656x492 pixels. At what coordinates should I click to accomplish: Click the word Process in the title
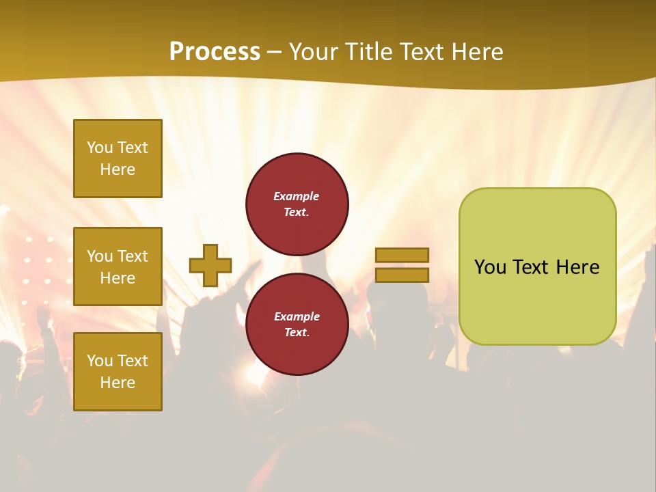tap(215, 52)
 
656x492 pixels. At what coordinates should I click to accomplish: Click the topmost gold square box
tap(118, 159)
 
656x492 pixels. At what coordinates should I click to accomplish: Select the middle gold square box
tap(118, 266)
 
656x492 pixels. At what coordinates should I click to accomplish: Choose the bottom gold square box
tap(118, 372)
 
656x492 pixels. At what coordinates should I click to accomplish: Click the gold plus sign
tap(210, 265)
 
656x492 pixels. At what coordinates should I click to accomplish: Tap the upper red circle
tap(297, 204)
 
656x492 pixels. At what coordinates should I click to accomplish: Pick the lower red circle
tap(297, 324)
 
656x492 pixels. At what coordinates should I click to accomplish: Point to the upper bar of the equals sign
tap(402, 255)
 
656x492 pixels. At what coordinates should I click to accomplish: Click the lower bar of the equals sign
tap(402, 275)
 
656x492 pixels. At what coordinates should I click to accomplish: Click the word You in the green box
tap(490, 267)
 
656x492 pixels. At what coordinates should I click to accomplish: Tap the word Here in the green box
tap(577, 267)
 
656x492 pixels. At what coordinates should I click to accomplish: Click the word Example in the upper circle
tap(297, 196)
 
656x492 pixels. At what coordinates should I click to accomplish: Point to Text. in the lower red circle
tap(297, 333)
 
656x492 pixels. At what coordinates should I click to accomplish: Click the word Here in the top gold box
tap(118, 169)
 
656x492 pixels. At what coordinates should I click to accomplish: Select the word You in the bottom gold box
tap(100, 361)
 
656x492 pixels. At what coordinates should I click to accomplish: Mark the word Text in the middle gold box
tap(132, 256)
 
